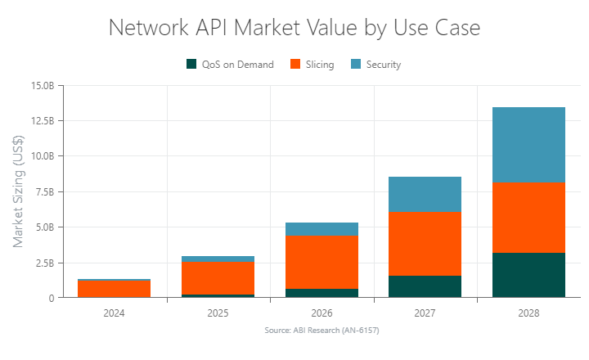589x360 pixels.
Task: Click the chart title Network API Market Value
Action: click(x=294, y=28)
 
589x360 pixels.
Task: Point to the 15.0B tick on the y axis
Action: click(x=42, y=85)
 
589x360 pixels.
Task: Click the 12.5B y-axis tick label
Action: click(x=42, y=120)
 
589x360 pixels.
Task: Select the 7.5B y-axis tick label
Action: click(x=43, y=191)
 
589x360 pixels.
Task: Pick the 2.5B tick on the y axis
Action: click(x=43, y=263)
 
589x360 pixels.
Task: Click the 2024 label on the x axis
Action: click(x=115, y=313)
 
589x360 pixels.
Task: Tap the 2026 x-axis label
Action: click(x=321, y=313)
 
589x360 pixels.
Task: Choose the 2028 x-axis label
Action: click(x=528, y=313)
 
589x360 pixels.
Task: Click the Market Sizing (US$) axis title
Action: click(x=19, y=191)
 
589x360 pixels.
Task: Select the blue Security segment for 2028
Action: click(x=528, y=145)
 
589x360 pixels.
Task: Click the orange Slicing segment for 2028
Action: click(x=528, y=218)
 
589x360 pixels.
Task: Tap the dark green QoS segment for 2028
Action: click(x=528, y=275)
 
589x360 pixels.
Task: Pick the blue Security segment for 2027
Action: click(x=425, y=195)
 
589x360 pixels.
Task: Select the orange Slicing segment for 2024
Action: click(x=115, y=289)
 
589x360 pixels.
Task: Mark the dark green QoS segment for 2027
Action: click(x=425, y=286)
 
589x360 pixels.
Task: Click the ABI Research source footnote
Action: click(x=321, y=331)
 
